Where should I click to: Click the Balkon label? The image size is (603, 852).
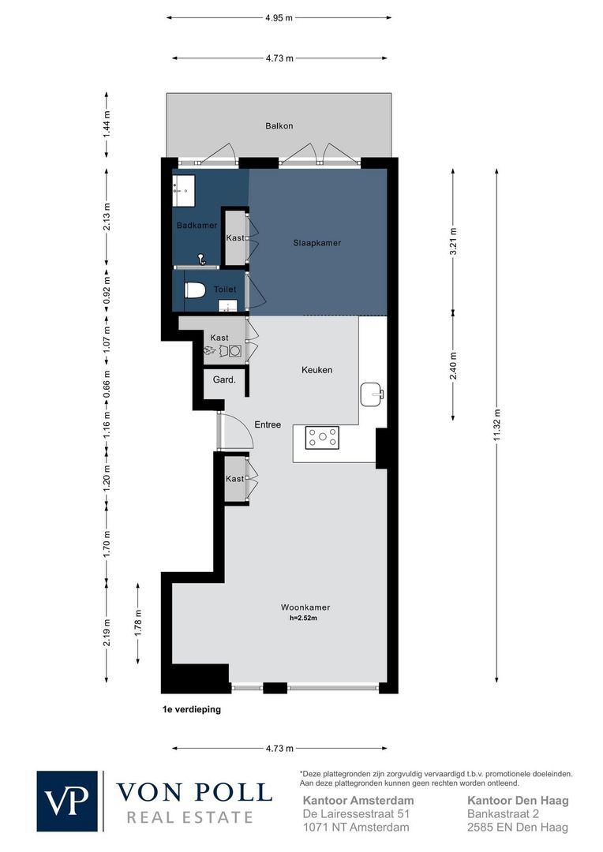(x=279, y=126)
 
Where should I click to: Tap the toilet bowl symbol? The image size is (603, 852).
(x=195, y=290)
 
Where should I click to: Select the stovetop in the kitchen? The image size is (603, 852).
(x=323, y=437)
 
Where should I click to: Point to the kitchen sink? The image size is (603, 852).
(x=373, y=394)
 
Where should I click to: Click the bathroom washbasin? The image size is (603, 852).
(x=184, y=190)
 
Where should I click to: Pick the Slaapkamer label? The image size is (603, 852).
(x=317, y=243)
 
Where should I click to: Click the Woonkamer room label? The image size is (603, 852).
(x=305, y=607)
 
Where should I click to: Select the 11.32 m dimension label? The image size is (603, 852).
(x=497, y=425)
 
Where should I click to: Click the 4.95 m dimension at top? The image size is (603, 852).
(x=279, y=17)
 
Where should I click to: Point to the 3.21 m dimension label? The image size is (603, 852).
(x=454, y=242)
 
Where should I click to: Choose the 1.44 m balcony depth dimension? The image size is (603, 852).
(x=107, y=124)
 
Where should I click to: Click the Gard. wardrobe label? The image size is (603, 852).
(x=225, y=379)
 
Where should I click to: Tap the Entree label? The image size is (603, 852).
(x=268, y=424)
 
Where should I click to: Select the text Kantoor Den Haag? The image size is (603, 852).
(x=519, y=801)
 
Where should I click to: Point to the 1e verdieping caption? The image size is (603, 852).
(x=191, y=709)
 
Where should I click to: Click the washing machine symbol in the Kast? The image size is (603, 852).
(x=235, y=351)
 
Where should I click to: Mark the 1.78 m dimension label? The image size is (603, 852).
(x=138, y=624)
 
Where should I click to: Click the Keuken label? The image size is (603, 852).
(x=317, y=370)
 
